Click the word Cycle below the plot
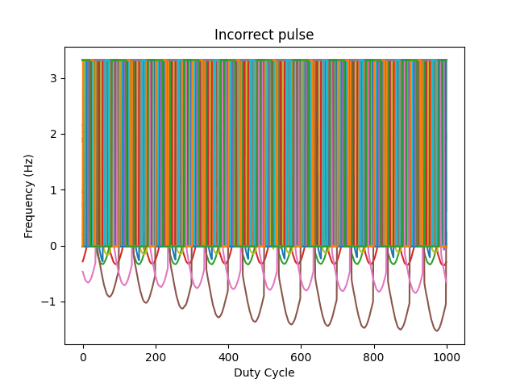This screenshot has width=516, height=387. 279,372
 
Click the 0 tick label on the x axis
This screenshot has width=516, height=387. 83,357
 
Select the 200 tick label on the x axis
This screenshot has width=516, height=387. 156,357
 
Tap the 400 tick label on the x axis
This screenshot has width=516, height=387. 228,357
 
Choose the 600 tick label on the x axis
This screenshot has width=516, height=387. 301,357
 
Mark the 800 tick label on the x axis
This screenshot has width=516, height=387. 373,357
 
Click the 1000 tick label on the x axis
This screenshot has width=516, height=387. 446,357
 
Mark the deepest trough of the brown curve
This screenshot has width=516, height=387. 436,331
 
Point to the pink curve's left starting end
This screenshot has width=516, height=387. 83,272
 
